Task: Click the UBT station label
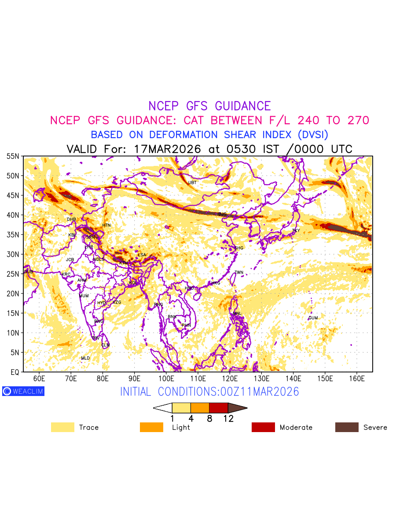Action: tap(192, 183)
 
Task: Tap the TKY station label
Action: tap(296, 231)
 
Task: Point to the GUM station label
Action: tap(313, 318)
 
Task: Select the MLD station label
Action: tap(85, 358)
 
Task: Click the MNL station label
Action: tap(237, 314)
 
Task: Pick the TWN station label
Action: tap(239, 273)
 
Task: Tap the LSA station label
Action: tap(142, 255)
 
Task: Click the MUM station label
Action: tap(84, 296)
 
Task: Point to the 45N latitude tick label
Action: tap(13, 195)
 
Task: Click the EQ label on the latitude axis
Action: tap(15, 372)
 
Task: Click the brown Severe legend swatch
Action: tap(347, 427)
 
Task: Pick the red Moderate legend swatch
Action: tap(263, 427)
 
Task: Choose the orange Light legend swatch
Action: tap(151, 427)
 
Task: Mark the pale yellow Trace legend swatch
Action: tap(62, 427)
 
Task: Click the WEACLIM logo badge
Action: tap(23, 391)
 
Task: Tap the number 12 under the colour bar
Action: tap(228, 419)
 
